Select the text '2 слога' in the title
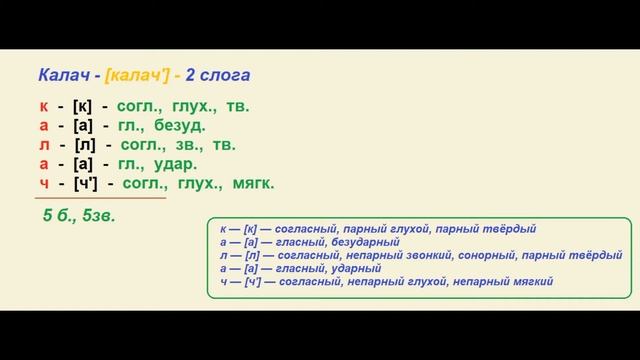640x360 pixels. pos(217,75)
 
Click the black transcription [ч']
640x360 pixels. pos(87,183)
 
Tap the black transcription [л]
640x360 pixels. pos(84,145)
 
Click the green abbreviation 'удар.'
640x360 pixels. pos(176,164)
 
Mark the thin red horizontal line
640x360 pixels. pos(99,198)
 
